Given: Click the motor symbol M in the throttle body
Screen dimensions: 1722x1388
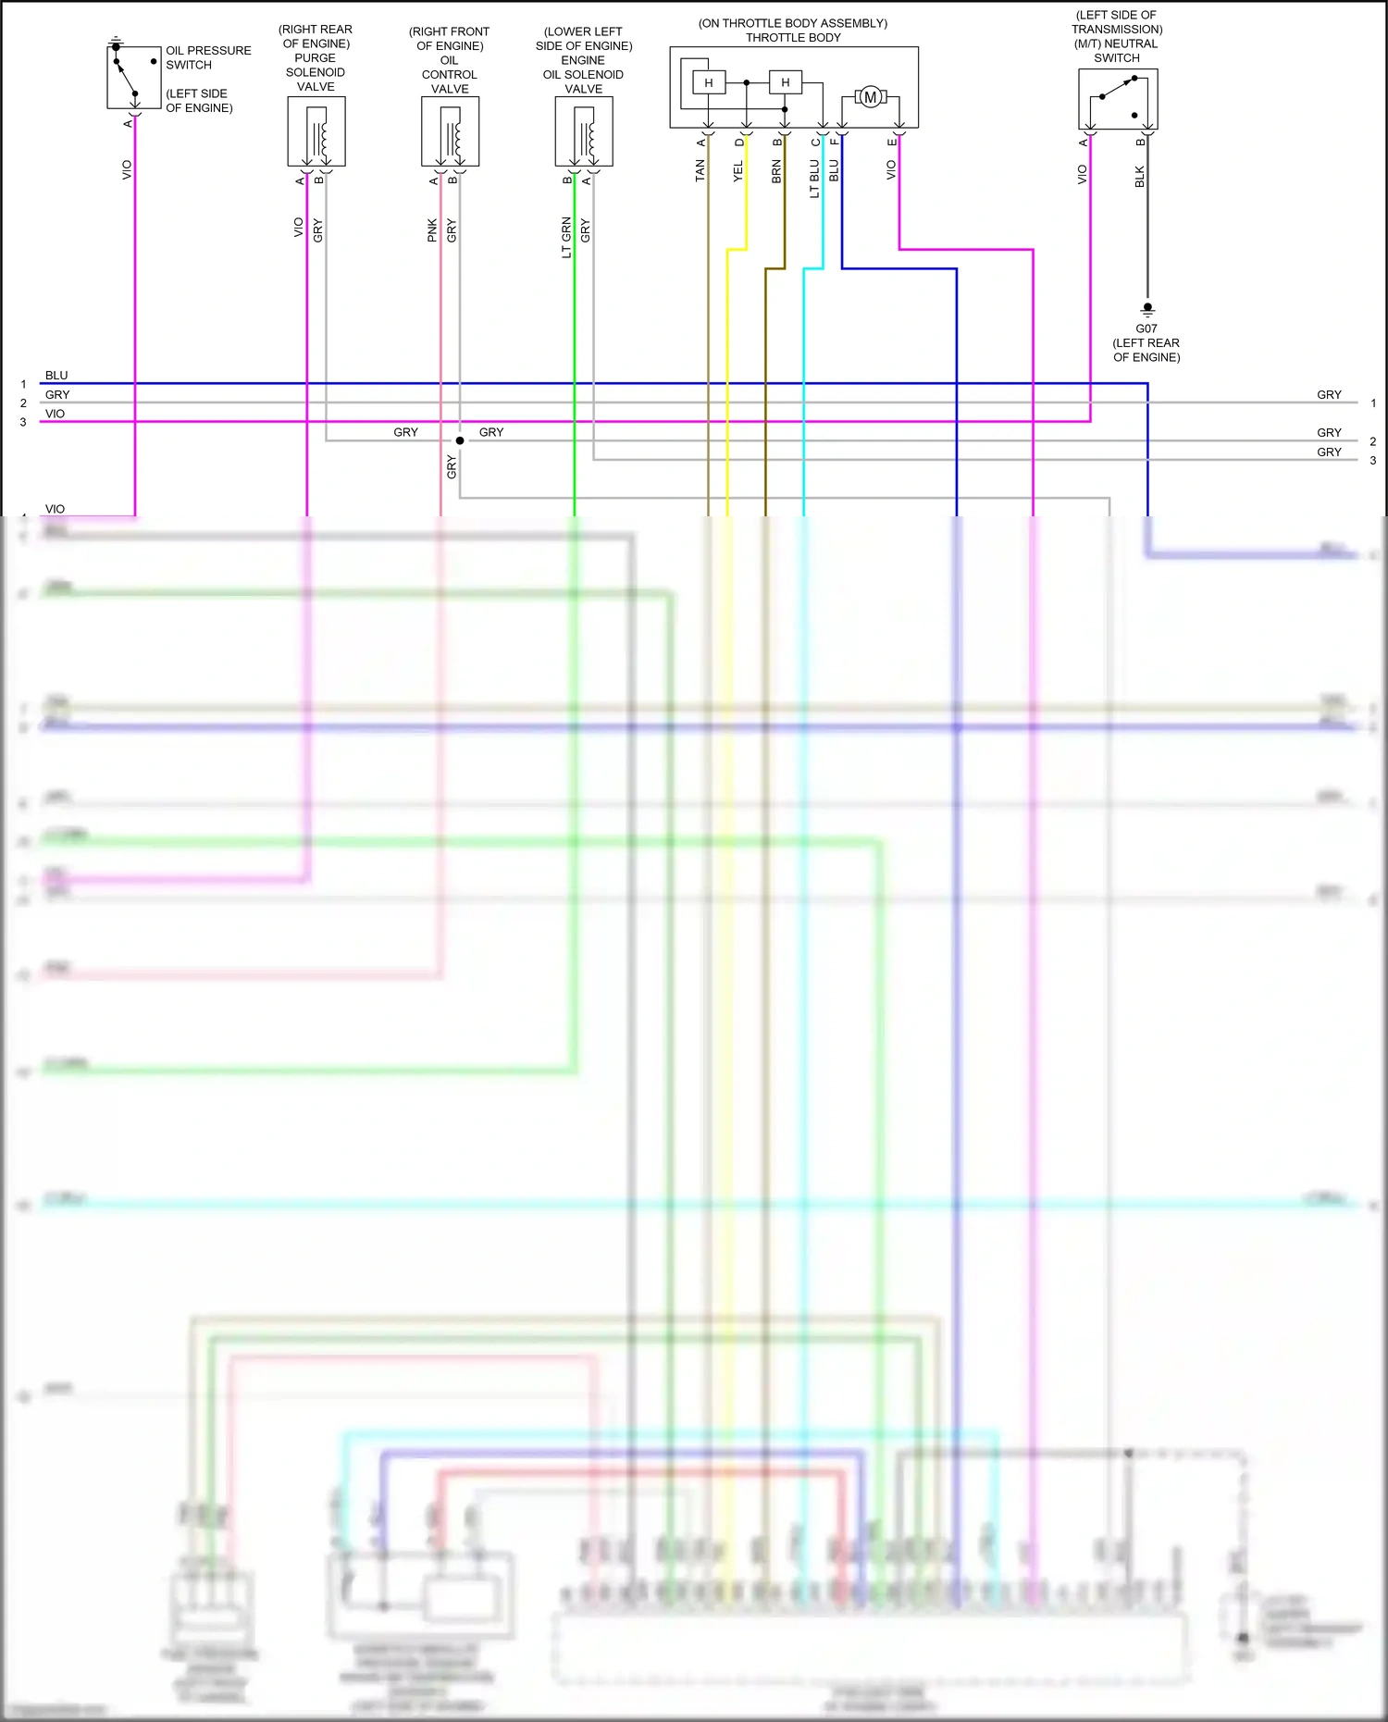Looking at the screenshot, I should click(870, 97).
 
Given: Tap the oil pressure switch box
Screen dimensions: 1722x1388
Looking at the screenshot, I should click(134, 78).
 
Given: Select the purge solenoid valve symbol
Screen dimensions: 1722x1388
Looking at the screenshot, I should click(316, 131).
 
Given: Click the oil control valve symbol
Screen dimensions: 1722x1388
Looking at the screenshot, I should click(450, 131).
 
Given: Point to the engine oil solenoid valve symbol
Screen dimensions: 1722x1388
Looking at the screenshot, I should click(584, 131).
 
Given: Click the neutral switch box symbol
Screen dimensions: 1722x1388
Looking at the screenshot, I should click(1118, 99).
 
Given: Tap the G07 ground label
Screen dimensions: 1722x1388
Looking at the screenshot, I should click(1146, 328).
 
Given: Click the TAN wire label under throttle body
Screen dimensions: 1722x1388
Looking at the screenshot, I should click(700, 169).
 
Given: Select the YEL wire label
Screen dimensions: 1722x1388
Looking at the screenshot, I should click(738, 170).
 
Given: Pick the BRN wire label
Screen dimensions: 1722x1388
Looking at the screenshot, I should click(776, 170).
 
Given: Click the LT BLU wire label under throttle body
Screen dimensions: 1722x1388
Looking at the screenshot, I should click(814, 179).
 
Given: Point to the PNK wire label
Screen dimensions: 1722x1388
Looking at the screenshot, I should click(432, 230).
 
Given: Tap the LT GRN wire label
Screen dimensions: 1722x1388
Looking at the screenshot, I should click(566, 237).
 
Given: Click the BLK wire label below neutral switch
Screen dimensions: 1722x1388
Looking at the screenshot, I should click(1139, 176).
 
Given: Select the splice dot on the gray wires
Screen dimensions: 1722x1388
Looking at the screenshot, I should click(460, 440).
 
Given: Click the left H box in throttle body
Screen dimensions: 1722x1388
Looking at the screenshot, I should click(709, 83).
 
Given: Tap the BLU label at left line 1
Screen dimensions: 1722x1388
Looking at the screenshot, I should click(56, 376).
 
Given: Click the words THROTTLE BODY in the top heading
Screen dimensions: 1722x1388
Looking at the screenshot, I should click(793, 38).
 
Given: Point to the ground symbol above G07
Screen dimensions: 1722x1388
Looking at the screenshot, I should click(1147, 309).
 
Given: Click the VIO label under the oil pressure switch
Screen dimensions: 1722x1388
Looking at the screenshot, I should click(127, 169).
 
